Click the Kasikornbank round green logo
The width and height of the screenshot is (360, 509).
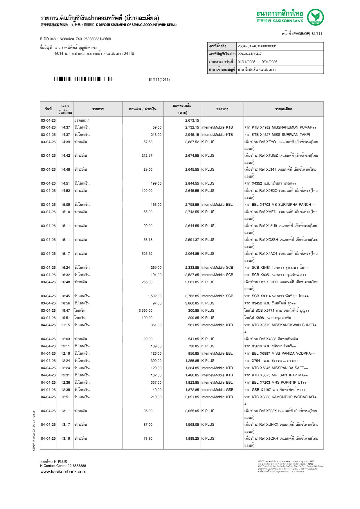pyautogui.click(x=315, y=17)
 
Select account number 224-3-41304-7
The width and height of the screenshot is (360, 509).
pyautogui.click(x=249, y=54)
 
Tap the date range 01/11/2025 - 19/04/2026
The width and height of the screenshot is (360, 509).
pyautogui.click(x=257, y=62)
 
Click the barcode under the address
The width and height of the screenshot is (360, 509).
pyautogui.click(x=83, y=79)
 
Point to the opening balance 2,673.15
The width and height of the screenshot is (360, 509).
pyautogui.click(x=192, y=120)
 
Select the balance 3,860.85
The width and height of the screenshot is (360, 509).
pyautogui.click(x=192, y=303)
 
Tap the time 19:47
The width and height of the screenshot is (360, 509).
pyautogui.click(x=66, y=311)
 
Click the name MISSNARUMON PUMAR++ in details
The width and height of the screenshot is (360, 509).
pyautogui.click(x=294, y=127)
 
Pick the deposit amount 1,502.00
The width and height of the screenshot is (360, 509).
pyautogui.click(x=154, y=296)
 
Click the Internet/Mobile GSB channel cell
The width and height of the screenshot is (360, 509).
pyautogui.click(x=217, y=390)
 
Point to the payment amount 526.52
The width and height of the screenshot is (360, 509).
pyautogui.click(x=147, y=254)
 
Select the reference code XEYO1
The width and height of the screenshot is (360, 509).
pyautogui.click(x=272, y=142)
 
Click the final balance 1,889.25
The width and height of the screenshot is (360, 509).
pyautogui.click(x=192, y=438)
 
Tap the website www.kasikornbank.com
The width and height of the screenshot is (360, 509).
pyautogui.click(x=63, y=472)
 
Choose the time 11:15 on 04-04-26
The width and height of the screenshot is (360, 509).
pyautogui.click(x=66, y=325)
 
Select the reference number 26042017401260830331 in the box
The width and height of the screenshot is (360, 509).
pyautogui.click(x=257, y=46)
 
